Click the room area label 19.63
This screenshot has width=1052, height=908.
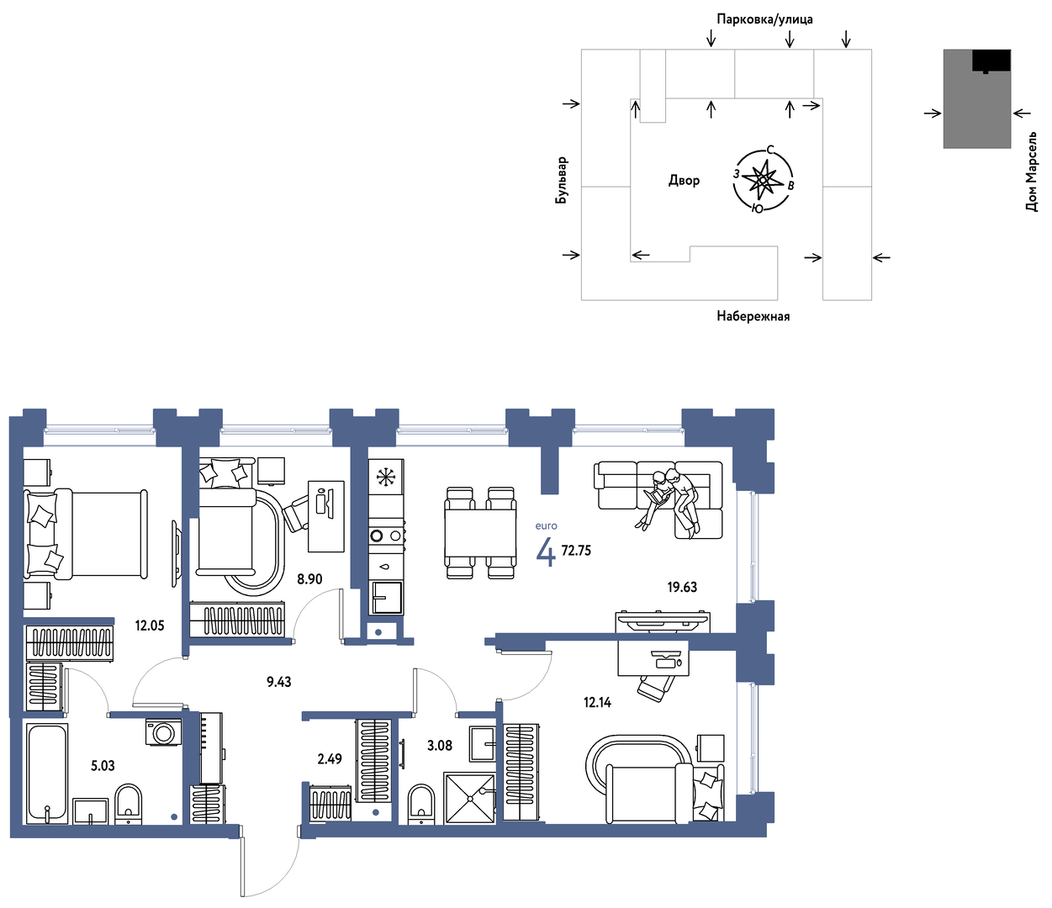[x=682, y=587]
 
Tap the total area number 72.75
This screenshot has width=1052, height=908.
[x=576, y=550]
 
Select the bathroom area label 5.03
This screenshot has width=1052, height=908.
[x=103, y=765]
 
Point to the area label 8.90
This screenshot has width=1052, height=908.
[x=309, y=578]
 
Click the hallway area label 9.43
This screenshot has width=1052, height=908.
[x=279, y=682]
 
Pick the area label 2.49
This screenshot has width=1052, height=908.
[x=330, y=759]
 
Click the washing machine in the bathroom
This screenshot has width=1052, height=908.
[x=163, y=732]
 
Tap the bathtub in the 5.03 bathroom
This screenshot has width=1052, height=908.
[x=47, y=773]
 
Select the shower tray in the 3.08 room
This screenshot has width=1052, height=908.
[x=469, y=798]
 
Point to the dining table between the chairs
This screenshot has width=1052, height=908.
[x=480, y=533]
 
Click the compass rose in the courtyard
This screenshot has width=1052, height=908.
[x=763, y=180]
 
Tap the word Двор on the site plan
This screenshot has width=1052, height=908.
[x=684, y=180]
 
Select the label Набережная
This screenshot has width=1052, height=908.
[x=753, y=316]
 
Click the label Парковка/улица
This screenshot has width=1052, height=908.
[x=764, y=19]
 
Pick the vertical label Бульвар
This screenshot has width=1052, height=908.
[x=561, y=180]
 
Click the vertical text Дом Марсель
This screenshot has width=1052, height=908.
[x=1031, y=172]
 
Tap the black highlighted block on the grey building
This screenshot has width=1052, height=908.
[x=991, y=61]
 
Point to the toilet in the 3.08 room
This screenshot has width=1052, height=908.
[x=422, y=805]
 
